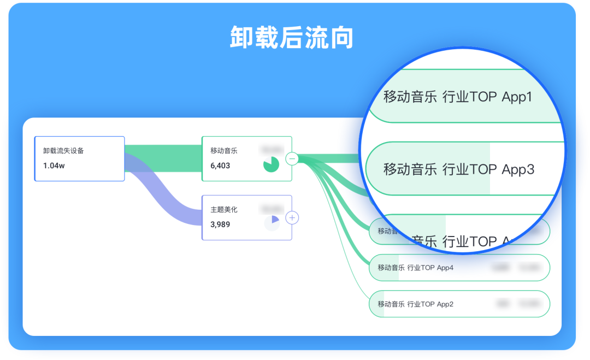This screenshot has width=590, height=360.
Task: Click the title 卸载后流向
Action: tap(292, 38)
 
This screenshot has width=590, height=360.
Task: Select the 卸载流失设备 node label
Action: tap(64, 151)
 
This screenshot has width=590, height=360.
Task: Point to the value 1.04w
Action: tap(54, 166)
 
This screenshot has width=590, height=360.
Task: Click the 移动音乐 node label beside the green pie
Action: tap(224, 151)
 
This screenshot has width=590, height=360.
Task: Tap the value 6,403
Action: tap(220, 166)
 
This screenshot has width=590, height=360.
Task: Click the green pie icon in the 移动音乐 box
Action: tap(271, 164)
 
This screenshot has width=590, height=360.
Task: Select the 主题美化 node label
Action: tap(224, 210)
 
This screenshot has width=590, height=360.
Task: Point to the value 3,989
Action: tap(220, 225)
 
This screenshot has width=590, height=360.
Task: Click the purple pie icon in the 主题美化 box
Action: tap(272, 223)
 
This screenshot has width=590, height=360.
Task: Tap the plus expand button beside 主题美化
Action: tap(292, 218)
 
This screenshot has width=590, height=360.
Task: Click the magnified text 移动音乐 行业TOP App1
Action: tap(458, 97)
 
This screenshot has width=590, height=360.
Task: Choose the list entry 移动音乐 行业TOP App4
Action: tap(415, 268)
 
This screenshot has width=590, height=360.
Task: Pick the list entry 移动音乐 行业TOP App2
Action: tap(415, 304)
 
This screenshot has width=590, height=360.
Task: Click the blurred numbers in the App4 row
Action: tap(516, 268)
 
